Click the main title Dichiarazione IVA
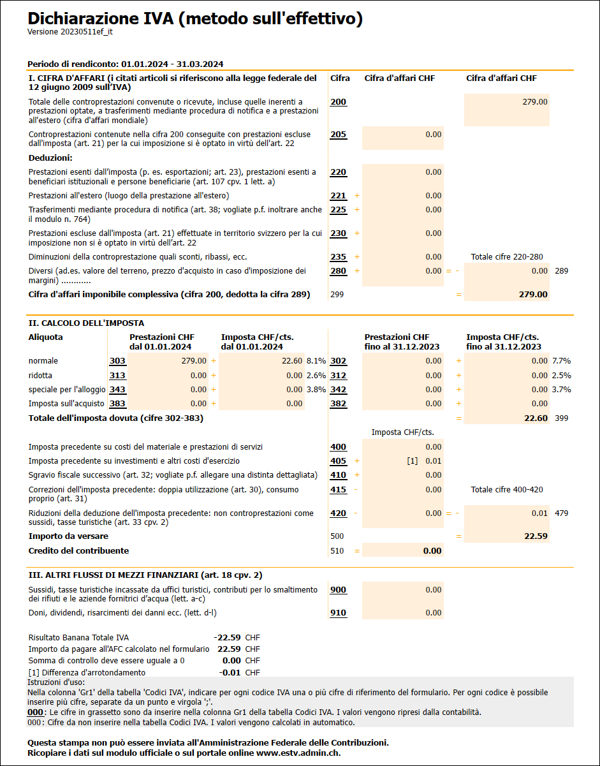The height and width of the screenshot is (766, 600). (195, 19)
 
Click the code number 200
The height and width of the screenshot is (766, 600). (339, 102)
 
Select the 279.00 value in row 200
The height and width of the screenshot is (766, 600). (534, 101)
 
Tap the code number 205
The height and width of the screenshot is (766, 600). (339, 135)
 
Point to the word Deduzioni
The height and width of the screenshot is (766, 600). (50, 158)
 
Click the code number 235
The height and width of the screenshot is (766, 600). (339, 257)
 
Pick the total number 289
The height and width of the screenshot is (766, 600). (561, 271)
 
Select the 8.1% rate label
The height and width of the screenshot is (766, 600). (316, 361)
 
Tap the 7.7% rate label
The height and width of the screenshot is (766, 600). (562, 361)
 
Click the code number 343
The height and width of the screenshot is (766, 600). (117, 389)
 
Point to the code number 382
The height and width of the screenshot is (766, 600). (339, 403)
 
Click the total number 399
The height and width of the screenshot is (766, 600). (561, 418)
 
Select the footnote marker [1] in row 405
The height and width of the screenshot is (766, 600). (412, 461)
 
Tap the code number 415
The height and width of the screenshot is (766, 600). (339, 490)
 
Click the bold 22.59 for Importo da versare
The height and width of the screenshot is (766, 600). (536, 536)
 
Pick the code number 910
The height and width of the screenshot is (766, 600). (339, 613)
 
